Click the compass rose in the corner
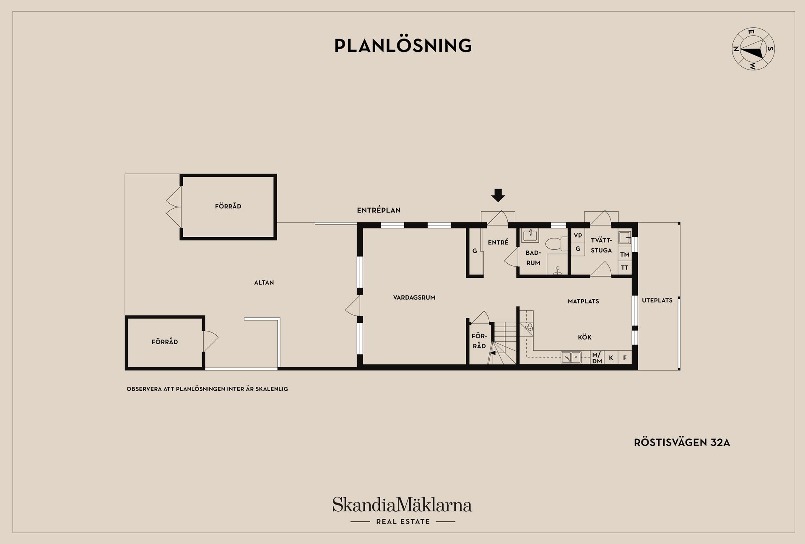[753, 49]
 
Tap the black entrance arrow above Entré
[498, 195]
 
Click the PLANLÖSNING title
[403, 46]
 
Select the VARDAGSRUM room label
[414, 298]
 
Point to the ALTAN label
[264, 282]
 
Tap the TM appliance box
[625, 254]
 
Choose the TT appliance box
[625, 267]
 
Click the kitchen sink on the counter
[571, 357]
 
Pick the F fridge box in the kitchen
[625, 358]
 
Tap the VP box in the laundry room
[578, 236]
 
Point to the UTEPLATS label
[657, 300]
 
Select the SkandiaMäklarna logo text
[402, 505]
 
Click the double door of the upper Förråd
[174, 207]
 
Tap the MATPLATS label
[583, 301]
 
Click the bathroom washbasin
[530, 236]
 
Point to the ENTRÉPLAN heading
[379, 210]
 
